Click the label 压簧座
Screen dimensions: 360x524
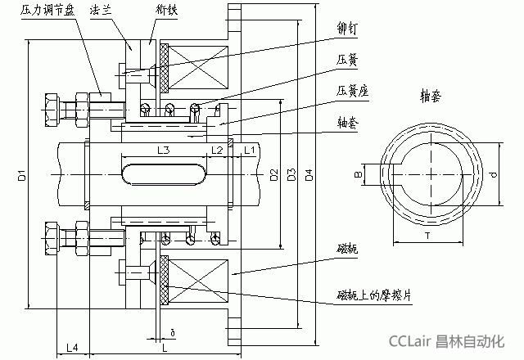click(x=351, y=92)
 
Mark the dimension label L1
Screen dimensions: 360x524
click(x=250, y=151)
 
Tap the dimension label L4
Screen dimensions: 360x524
click(x=71, y=347)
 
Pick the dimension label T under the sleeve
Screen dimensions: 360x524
click(x=428, y=234)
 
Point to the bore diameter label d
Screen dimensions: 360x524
click(x=491, y=174)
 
